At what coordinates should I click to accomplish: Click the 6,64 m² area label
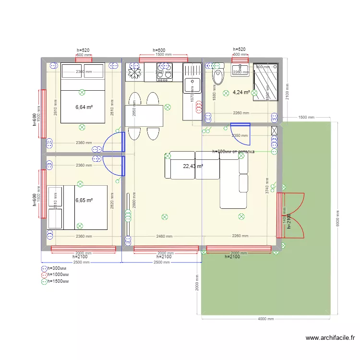point(84,107)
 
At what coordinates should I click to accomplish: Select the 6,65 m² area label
point(84,201)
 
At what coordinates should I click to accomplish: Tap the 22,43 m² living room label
point(193,166)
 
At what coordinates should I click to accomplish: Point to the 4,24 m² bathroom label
point(241,92)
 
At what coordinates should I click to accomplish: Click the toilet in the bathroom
point(219,77)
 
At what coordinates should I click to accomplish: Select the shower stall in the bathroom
point(265,82)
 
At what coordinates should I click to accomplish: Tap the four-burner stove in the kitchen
point(164,72)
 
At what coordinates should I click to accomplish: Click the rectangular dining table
point(144,116)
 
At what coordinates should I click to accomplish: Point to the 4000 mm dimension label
point(264,319)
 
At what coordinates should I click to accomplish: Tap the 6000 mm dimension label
point(338,218)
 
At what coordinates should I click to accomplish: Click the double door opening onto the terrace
point(291,216)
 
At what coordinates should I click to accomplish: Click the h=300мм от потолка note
point(233,152)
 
